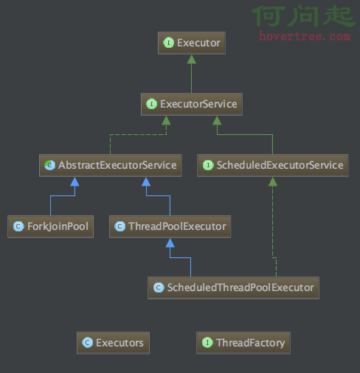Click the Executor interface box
192,43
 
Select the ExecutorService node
192,104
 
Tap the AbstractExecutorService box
111,165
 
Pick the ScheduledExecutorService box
273,165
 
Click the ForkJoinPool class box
50,226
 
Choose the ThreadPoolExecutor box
170,226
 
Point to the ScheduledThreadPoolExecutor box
233,287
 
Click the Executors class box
113,343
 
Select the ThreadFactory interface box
243,343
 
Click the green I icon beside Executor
168,43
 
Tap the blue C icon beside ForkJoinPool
18,226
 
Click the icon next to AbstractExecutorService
49,165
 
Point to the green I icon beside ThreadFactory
207,343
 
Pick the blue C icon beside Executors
87,343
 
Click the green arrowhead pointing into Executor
192,59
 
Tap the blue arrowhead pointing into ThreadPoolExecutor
170,243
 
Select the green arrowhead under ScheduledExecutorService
273,181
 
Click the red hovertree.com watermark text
305,36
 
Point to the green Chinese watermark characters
304,15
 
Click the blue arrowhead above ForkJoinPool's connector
75,181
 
